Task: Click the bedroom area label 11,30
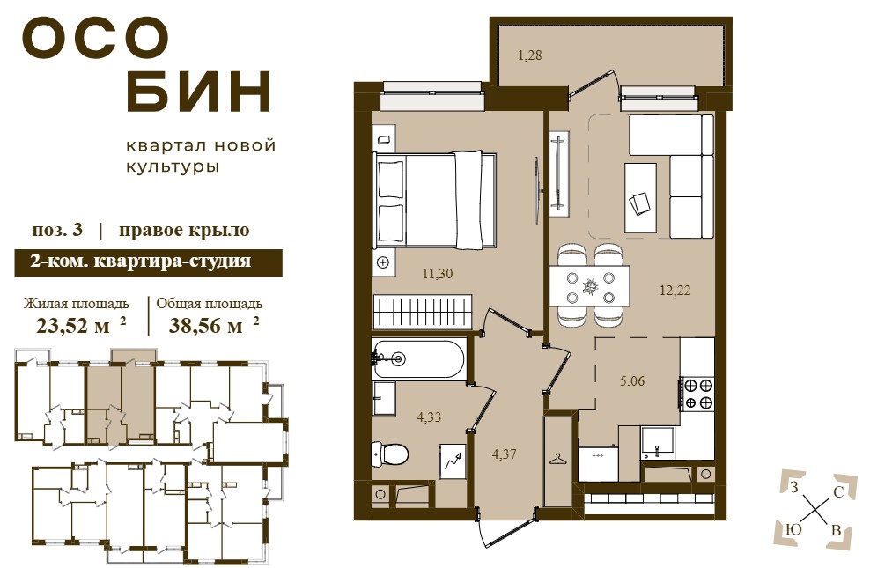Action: click(438, 274)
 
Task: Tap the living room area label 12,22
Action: click(675, 290)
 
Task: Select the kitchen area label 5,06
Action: click(632, 381)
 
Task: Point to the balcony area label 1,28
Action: click(529, 55)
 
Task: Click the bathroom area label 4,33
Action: click(429, 417)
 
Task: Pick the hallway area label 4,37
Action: click(505, 454)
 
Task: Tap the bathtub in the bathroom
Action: click(418, 359)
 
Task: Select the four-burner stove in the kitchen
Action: click(697, 394)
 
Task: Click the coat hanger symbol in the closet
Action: click(557, 460)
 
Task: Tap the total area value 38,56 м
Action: click(205, 326)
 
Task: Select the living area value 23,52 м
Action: click(73, 326)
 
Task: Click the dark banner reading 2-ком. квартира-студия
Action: click(148, 262)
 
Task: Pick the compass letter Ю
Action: click(794, 530)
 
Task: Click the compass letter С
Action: click(838, 491)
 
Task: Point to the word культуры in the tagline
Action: click(173, 167)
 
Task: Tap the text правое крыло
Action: click(184, 230)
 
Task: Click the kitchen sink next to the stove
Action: click(658, 441)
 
